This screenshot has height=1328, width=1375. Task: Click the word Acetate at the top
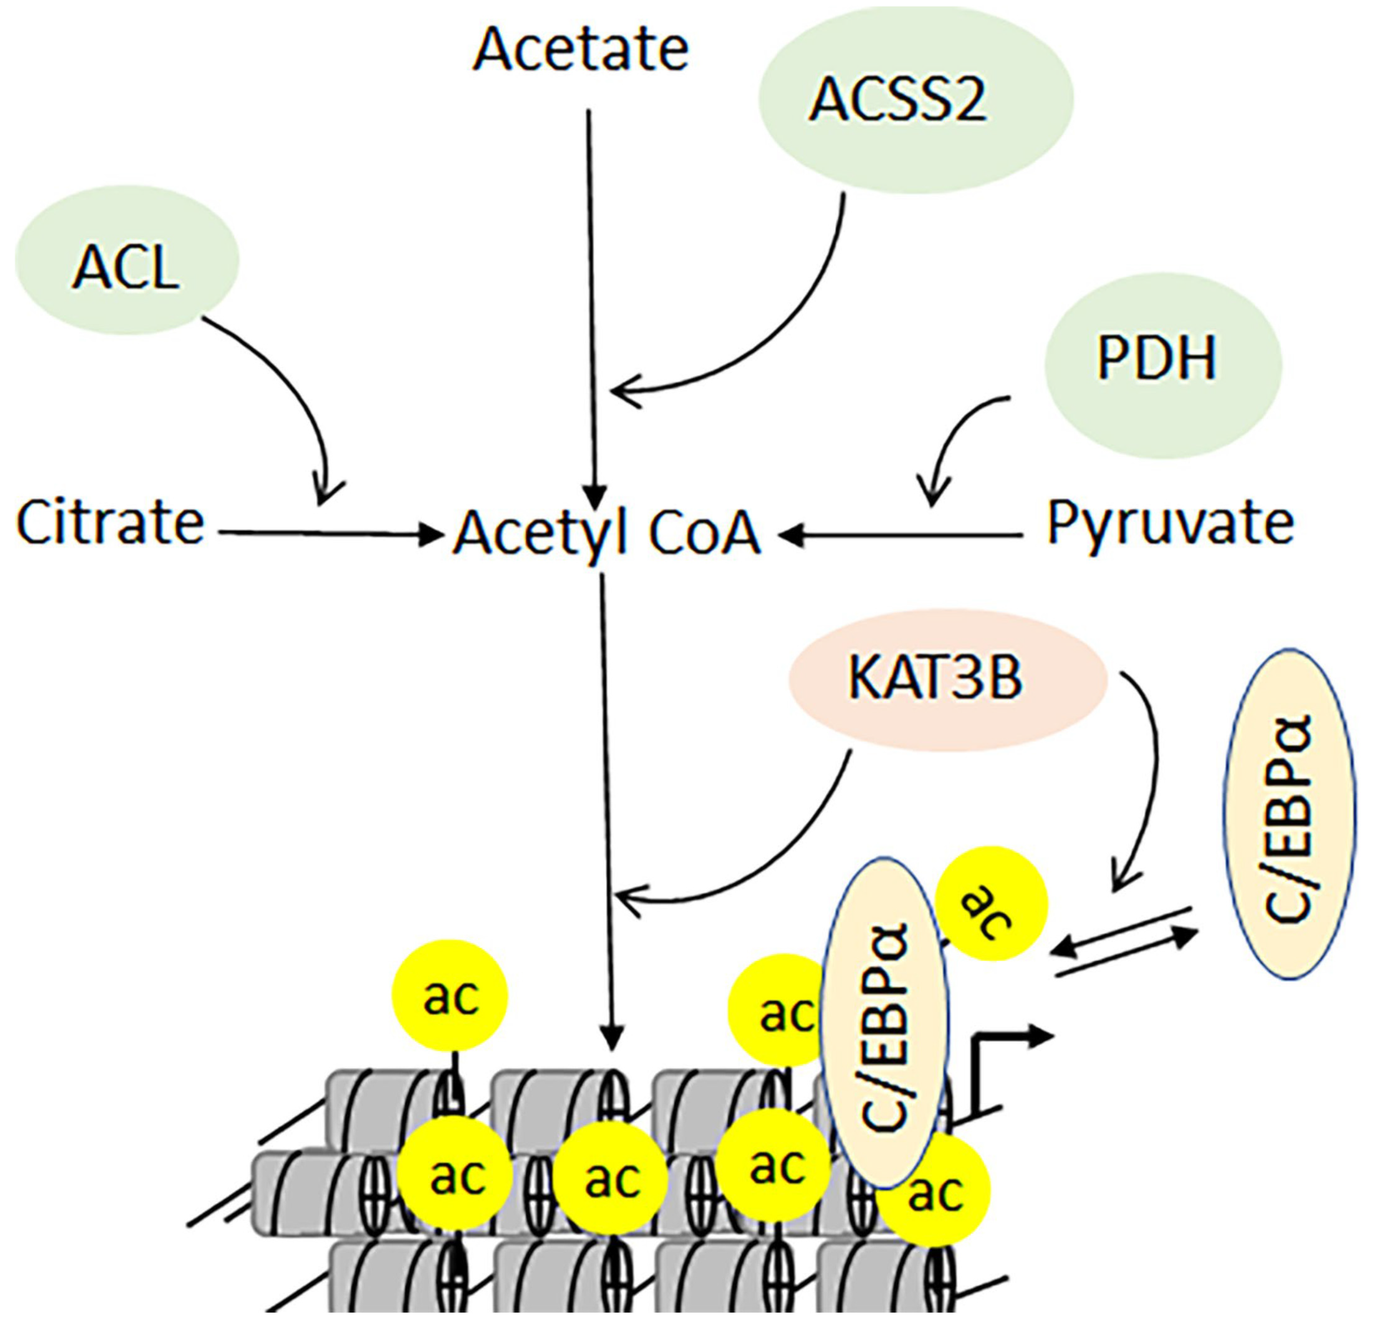(581, 51)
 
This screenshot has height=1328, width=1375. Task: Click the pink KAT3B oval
(947, 679)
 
